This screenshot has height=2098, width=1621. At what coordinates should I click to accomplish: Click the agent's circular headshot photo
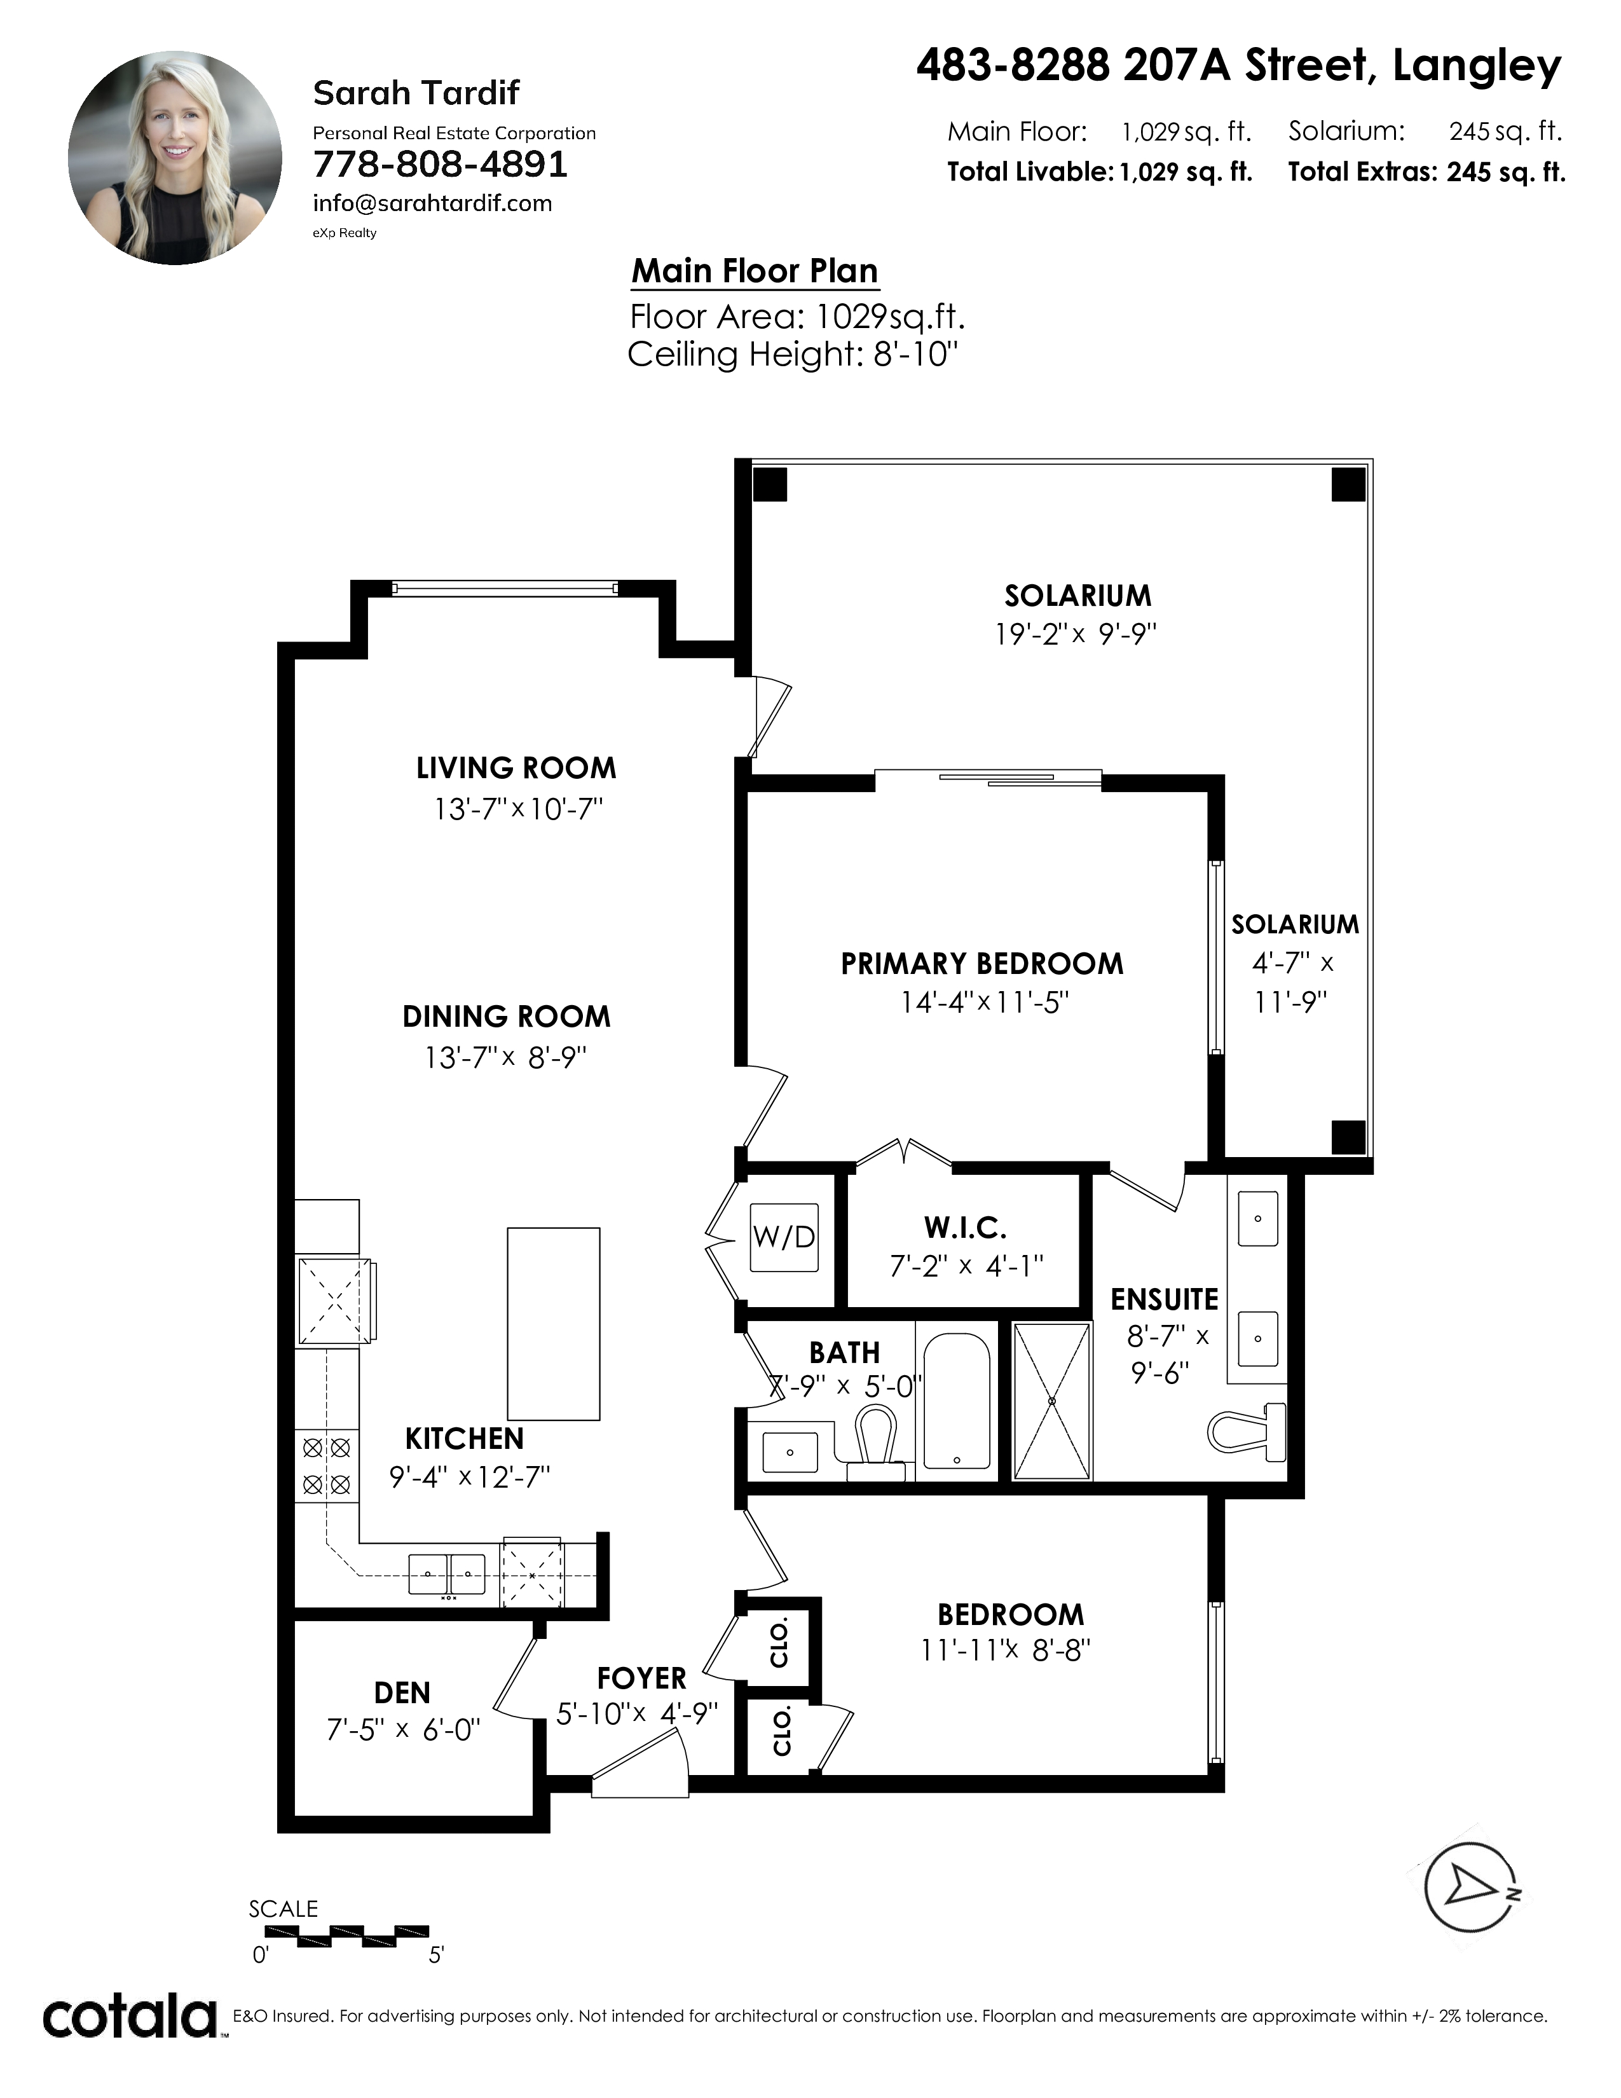click(175, 158)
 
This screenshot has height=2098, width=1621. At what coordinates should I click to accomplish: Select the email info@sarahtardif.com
click(432, 203)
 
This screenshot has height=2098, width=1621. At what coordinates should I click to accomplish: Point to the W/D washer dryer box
click(784, 1237)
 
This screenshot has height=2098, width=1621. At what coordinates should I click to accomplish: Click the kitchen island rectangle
click(553, 1324)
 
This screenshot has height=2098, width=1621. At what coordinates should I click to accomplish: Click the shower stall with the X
click(1053, 1401)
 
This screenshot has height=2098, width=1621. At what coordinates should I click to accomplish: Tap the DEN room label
click(402, 1692)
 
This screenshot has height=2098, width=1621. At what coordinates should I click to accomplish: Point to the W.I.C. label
click(965, 1228)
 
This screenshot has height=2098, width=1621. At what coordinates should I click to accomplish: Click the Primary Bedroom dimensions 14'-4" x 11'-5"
click(984, 1003)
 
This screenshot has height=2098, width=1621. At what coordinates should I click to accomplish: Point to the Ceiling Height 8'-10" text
click(793, 355)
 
